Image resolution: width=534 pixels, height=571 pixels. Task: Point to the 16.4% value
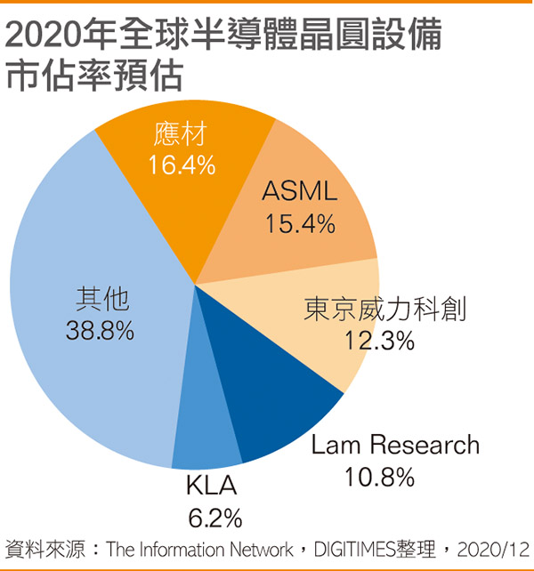click(x=181, y=165)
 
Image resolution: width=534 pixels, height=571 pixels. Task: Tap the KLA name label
click(x=213, y=487)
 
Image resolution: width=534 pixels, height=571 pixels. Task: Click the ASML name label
click(x=300, y=192)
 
